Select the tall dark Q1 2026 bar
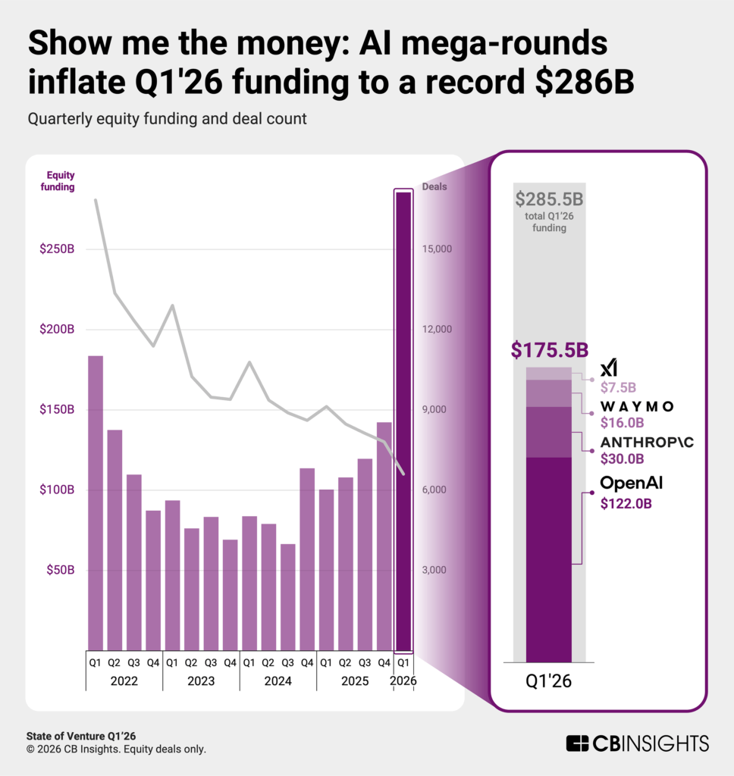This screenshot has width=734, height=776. pyautogui.click(x=404, y=421)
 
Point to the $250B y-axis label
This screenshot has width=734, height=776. pyautogui.click(x=57, y=249)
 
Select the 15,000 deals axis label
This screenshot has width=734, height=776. pyautogui.click(x=437, y=249)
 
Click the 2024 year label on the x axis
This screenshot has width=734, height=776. pyautogui.click(x=278, y=681)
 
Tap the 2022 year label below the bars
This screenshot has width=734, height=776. pyautogui.click(x=124, y=681)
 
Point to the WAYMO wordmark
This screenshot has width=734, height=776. pyautogui.click(x=637, y=405)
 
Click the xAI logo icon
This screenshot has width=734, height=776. pyautogui.click(x=608, y=368)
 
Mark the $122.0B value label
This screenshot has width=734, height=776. pyautogui.click(x=626, y=502)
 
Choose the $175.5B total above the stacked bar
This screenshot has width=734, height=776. pyautogui.click(x=550, y=350)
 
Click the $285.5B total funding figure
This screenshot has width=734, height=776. pyautogui.click(x=550, y=200)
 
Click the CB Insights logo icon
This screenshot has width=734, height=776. pyautogui.click(x=578, y=743)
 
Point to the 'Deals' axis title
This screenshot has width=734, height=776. pyautogui.click(x=434, y=186)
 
